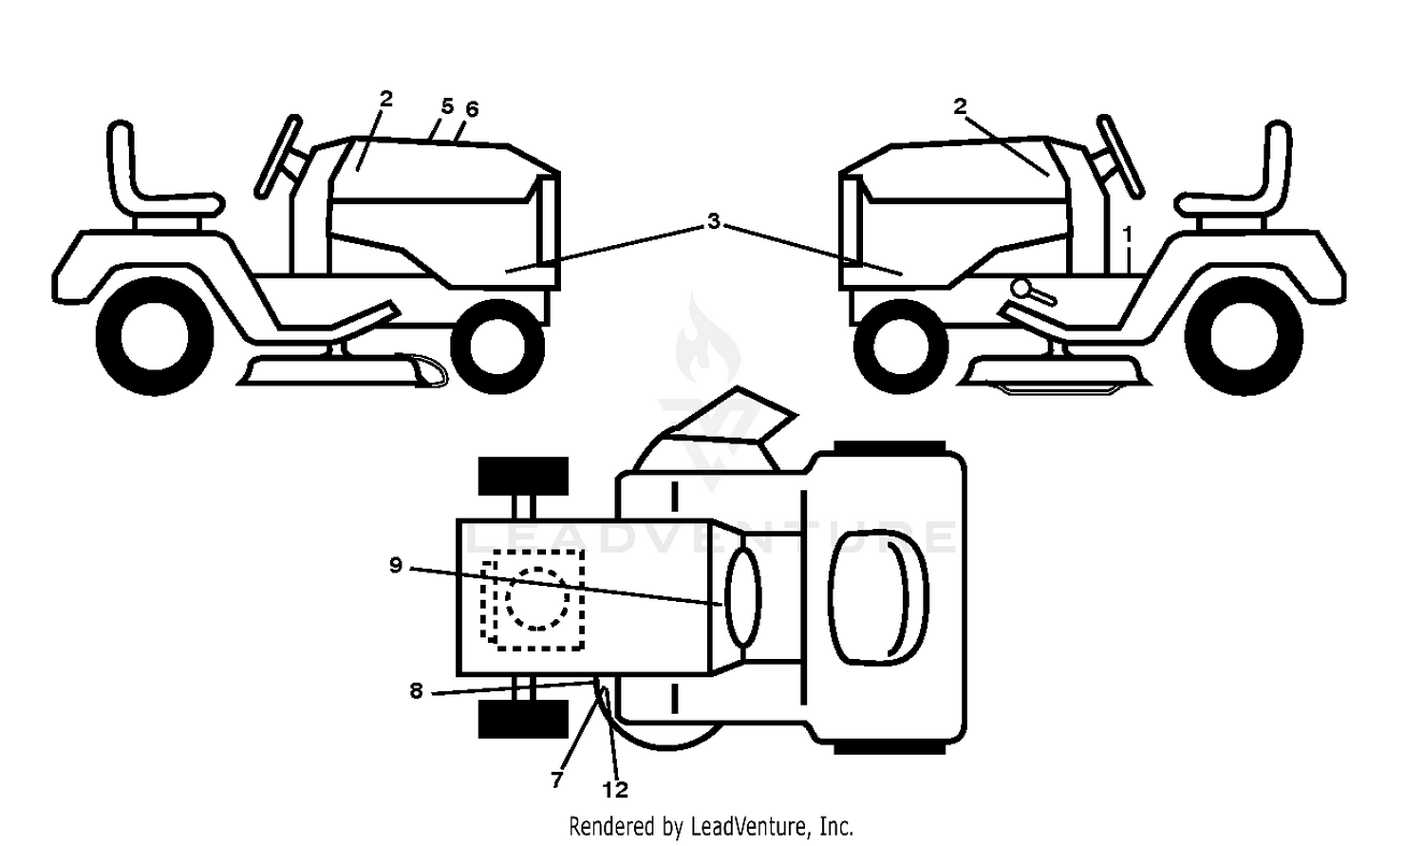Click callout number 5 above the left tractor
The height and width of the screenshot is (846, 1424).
click(447, 106)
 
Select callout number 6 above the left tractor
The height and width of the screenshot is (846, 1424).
click(472, 109)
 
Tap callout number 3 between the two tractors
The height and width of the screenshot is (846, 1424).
click(714, 221)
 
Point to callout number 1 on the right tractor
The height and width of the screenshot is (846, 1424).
click(1127, 235)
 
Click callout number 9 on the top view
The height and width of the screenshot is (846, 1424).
click(396, 564)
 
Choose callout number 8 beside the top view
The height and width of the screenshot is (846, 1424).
click(417, 690)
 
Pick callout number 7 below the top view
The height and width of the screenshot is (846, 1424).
click(557, 780)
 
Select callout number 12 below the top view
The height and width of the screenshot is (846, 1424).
click(615, 789)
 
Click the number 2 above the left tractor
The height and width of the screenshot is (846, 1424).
click(385, 99)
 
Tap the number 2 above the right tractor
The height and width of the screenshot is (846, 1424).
click(960, 106)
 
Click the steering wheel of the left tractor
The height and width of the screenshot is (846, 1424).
click(278, 157)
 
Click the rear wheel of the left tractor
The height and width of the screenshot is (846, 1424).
click(155, 336)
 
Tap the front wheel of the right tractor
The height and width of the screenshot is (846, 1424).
click(901, 347)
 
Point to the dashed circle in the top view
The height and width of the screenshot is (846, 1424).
click(538, 598)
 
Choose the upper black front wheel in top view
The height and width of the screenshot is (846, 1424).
click(523, 476)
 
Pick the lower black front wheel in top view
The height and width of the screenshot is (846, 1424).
click(523, 720)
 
